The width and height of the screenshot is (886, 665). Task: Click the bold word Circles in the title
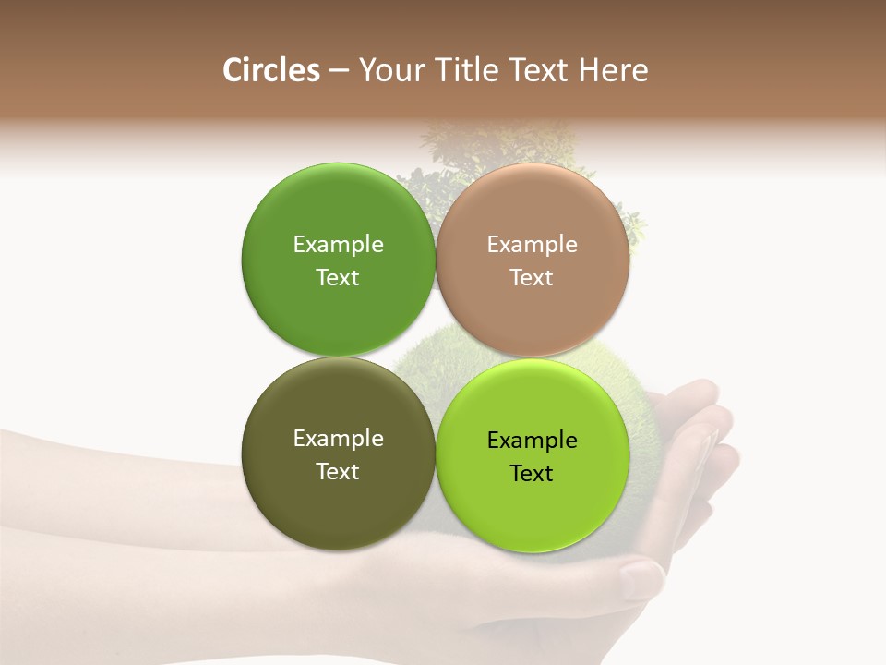pyautogui.click(x=270, y=70)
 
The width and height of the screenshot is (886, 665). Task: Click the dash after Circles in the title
pyautogui.click(x=339, y=71)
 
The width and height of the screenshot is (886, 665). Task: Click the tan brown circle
pyautogui.click(x=532, y=314)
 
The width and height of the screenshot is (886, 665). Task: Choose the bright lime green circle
pyautogui.click(x=532, y=508)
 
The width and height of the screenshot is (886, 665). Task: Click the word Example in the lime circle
pyautogui.click(x=532, y=441)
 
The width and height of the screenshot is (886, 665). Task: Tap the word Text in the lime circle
pyautogui.click(x=532, y=474)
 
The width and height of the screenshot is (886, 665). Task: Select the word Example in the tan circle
pyautogui.click(x=532, y=245)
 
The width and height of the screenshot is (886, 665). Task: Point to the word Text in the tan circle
pyautogui.click(x=532, y=278)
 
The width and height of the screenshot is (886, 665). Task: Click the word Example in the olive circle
pyautogui.click(x=338, y=439)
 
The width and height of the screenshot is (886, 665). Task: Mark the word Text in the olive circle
pyautogui.click(x=338, y=472)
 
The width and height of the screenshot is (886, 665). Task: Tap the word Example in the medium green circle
pyautogui.click(x=338, y=245)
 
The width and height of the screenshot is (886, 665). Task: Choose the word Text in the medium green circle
pyautogui.click(x=338, y=278)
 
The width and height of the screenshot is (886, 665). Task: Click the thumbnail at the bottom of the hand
pyautogui.click(x=641, y=579)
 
